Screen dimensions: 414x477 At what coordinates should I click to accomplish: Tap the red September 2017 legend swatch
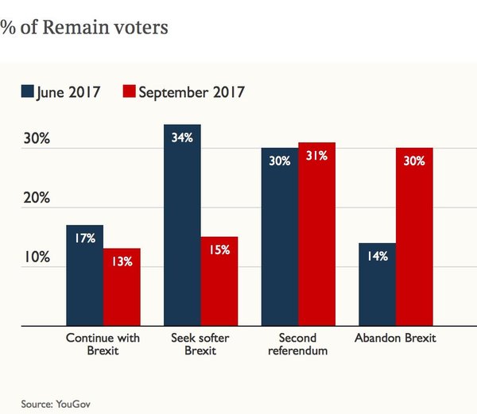point(130,92)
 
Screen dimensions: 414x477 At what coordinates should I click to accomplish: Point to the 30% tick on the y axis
point(37,138)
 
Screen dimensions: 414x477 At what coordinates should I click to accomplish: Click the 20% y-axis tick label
point(37,198)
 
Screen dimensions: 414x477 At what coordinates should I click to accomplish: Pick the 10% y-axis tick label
point(37,258)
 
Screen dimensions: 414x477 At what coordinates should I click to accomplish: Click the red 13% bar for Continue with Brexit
point(122,288)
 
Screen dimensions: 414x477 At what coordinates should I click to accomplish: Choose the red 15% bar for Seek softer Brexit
point(219,281)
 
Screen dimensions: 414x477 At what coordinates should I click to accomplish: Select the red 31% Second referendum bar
point(316,234)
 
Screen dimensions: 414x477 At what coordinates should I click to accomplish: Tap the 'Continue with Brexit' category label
point(103,344)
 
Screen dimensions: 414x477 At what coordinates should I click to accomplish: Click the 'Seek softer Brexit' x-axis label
point(200,344)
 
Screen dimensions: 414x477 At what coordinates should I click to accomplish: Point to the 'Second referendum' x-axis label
point(298,344)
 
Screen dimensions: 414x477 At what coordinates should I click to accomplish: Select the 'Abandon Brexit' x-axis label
point(395,339)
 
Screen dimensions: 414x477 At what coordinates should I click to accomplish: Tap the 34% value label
point(182,137)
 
